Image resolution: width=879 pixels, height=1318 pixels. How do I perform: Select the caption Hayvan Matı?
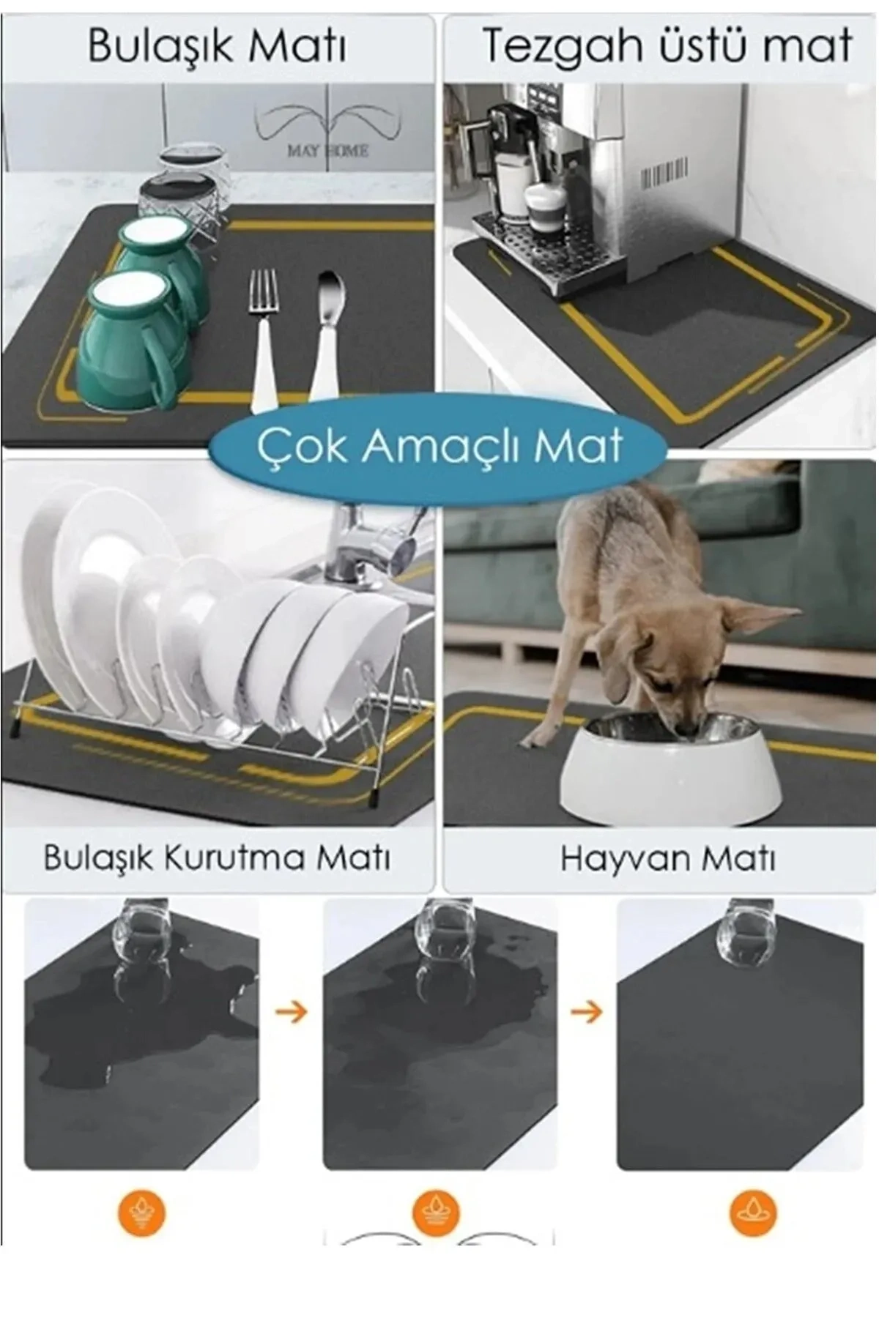667,857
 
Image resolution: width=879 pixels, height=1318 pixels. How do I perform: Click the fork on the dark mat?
263,329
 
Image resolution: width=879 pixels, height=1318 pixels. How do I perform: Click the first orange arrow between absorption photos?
291,1013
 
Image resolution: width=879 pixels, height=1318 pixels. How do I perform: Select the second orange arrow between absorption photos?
586,1013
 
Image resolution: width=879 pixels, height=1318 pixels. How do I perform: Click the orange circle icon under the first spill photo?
141,1212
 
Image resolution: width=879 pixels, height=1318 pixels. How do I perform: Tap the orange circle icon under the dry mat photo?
752,1212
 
